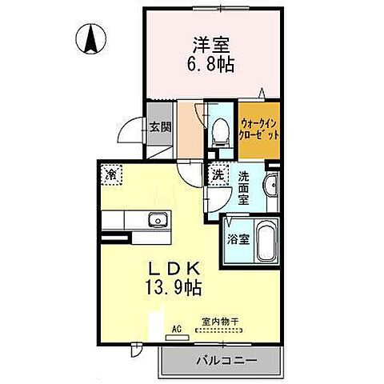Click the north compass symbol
coord(91,37)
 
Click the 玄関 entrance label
coord(159,126)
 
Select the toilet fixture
coord(220,130)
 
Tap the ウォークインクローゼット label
coord(261,129)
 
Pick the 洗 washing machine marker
coord(218,172)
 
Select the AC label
coord(177,327)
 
